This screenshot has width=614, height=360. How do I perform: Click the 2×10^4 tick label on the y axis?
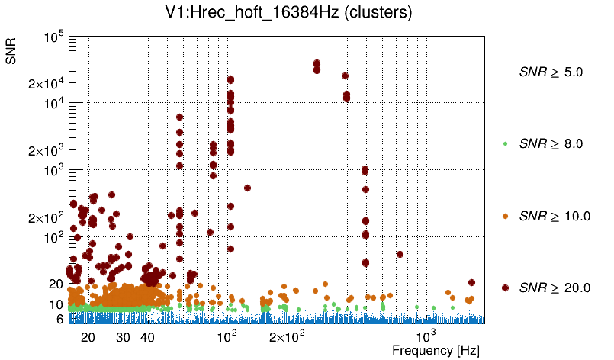point(45,83)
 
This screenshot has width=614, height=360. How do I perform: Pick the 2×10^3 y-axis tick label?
point(45,150)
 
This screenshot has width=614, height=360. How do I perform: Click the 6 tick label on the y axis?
point(58,320)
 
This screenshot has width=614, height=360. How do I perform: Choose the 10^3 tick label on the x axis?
point(424,336)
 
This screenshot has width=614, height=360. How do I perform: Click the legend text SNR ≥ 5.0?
point(551,72)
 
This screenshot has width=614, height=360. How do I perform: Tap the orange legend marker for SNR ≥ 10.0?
point(505,216)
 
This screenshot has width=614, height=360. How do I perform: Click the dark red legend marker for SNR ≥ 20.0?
point(505,288)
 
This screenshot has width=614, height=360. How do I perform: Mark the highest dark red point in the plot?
point(317,63)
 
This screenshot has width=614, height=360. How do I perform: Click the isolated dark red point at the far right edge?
point(471,283)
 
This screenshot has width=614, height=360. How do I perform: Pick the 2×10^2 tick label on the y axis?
point(45,218)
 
